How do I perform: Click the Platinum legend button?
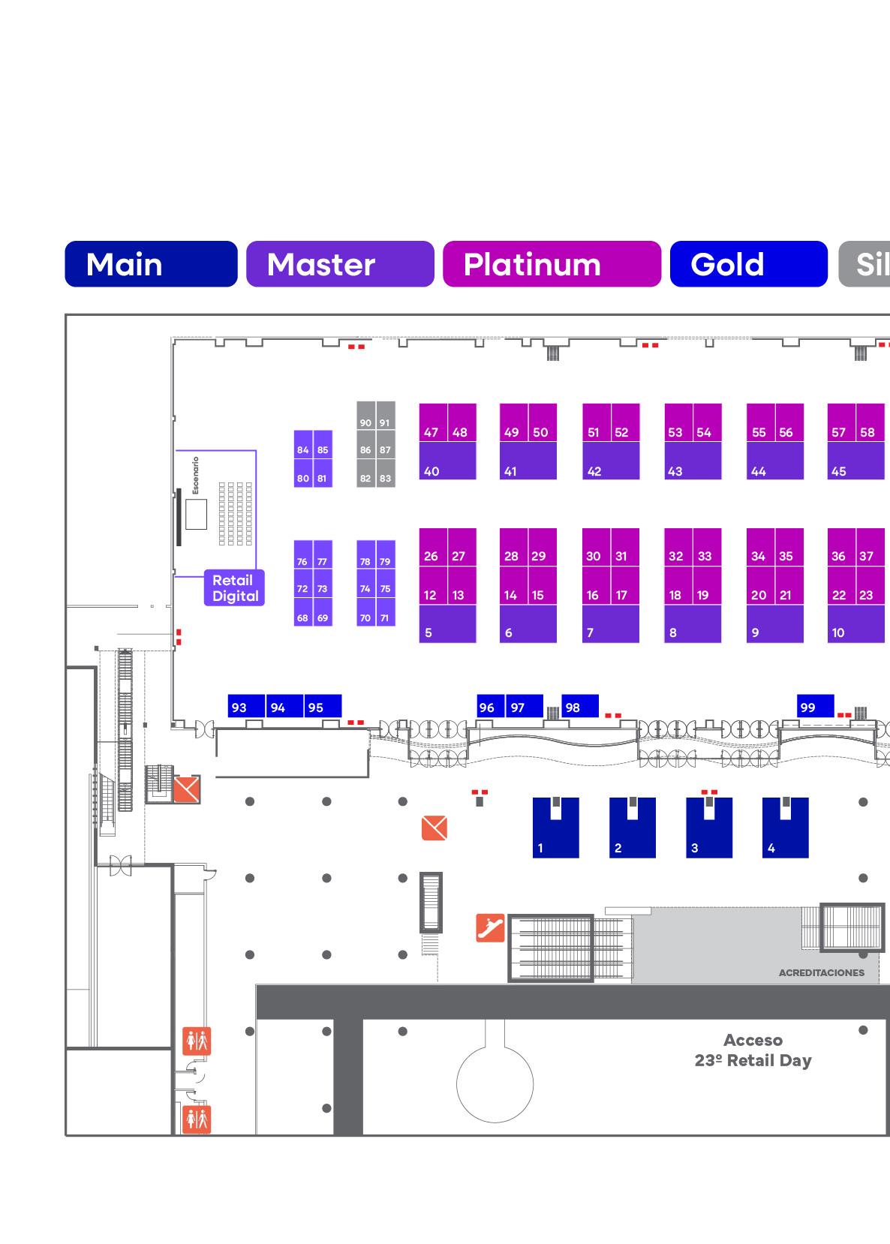pyautogui.click(x=552, y=264)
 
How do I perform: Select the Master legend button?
pyautogui.click(x=340, y=264)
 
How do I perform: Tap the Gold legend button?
pyautogui.click(x=748, y=264)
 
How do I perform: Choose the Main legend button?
pyautogui.click(x=151, y=264)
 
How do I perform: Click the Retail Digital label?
pyautogui.click(x=234, y=588)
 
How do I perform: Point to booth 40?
pyautogui.click(x=447, y=461)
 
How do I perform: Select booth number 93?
pyautogui.click(x=246, y=707)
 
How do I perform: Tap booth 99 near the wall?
pyautogui.click(x=815, y=706)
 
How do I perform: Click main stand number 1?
pyautogui.click(x=555, y=828)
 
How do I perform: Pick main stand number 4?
pyautogui.click(x=785, y=828)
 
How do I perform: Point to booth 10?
pyautogui.click(x=855, y=624)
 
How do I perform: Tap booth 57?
pyautogui.click(x=841, y=423)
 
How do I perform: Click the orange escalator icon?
pyautogui.click(x=491, y=928)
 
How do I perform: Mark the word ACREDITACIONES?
pyautogui.click(x=821, y=973)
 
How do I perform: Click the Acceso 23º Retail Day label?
pyautogui.click(x=753, y=1050)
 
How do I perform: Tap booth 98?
pyautogui.click(x=579, y=707)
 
